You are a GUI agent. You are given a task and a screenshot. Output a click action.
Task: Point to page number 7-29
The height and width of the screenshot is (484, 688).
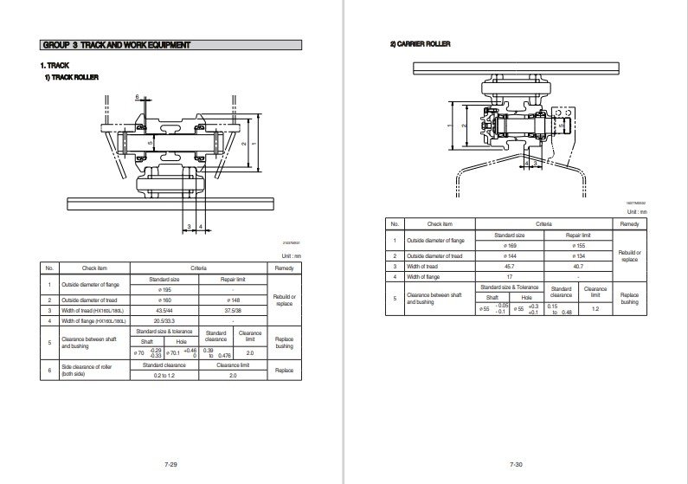click(x=170, y=465)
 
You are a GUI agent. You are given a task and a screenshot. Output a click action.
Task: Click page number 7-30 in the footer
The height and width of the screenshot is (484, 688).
click(x=516, y=465)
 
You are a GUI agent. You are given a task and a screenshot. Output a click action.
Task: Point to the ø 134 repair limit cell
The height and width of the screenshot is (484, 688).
click(x=576, y=256)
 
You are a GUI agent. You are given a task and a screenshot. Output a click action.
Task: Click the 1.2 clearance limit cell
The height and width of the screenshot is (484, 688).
click(x=595, y=307)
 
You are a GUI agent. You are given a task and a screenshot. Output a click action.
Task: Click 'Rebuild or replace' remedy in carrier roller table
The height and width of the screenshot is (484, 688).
click(x=628, y=256)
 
